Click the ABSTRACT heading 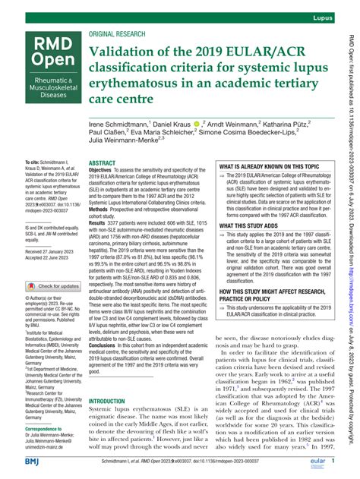[x=102, y=142]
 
